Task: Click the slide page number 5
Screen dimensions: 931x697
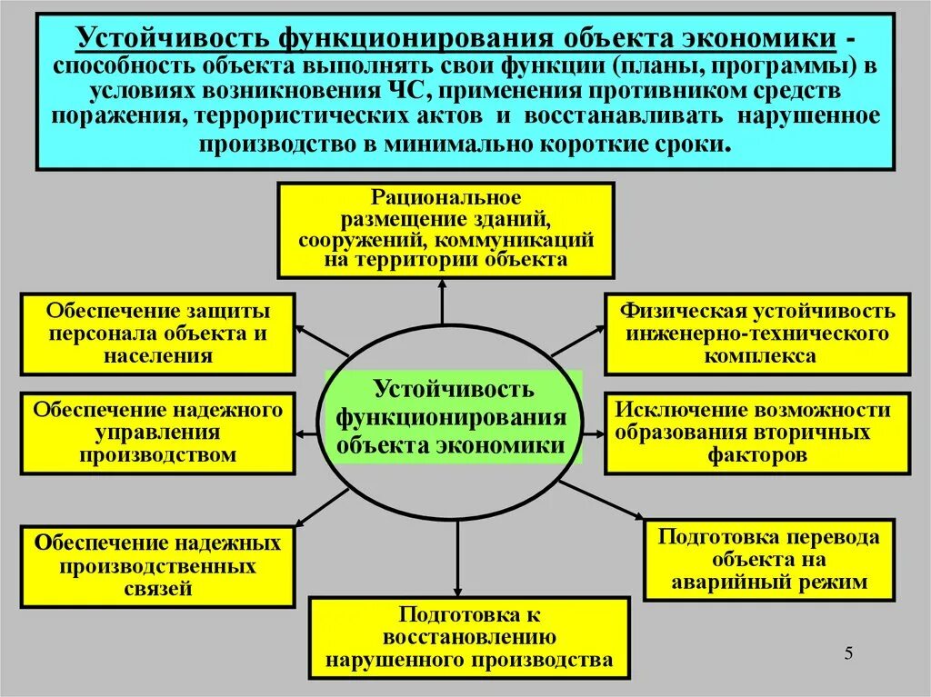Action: click(x=848, y=653)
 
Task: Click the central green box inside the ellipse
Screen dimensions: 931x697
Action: click(x=453, y=419)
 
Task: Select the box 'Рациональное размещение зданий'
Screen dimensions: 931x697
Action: click(x=445, y=229)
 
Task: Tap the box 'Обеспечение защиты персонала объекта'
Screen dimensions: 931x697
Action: click(x=158, y=334)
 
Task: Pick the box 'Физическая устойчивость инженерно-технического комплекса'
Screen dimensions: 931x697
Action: click(x=756, y=334)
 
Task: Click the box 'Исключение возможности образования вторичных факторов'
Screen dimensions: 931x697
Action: click(x=756, y=433)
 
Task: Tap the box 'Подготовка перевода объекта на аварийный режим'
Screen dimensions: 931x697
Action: click(x=768, y=560)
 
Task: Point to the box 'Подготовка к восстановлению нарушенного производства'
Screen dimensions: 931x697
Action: click(x=468, y=637)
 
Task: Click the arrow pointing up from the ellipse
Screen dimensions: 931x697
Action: click(x=443, y=302)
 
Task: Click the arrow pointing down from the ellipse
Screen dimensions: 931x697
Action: click(x=456, y=563)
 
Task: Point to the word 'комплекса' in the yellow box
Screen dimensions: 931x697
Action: click(x=756, y=356)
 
